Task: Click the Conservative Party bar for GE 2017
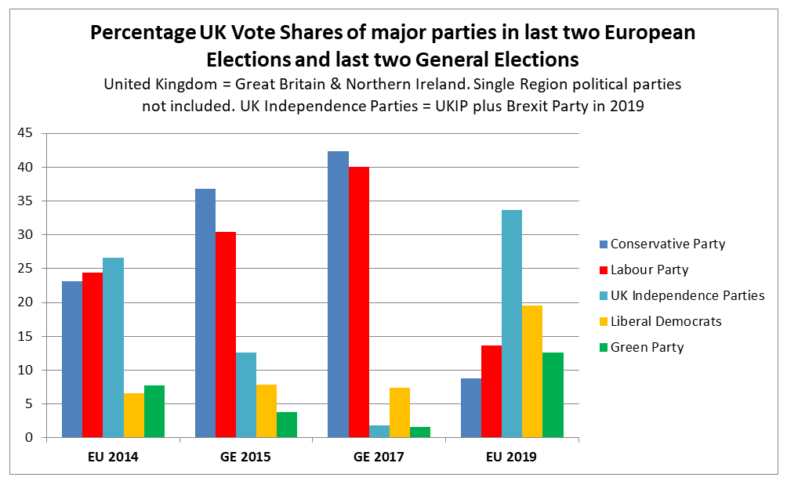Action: pos(338,295)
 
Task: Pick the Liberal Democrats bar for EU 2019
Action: pos(532,371)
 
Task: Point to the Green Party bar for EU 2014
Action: pos(154,411)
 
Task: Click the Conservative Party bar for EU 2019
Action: pos(471,408)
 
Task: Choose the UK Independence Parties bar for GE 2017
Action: pos(379,432)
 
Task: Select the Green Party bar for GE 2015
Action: pos(287,425)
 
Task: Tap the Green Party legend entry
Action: pos(647,347)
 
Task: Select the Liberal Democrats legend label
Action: pos(666,321)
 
